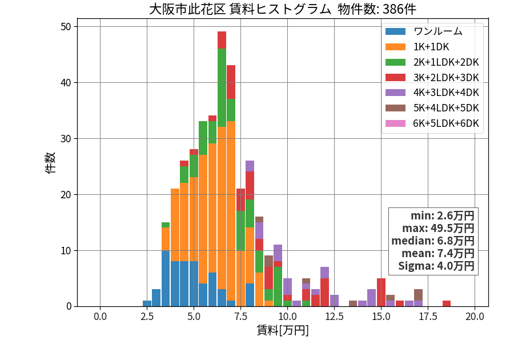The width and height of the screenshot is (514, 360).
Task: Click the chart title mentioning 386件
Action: point(283,9)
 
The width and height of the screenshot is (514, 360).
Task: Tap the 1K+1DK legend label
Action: point(431,47)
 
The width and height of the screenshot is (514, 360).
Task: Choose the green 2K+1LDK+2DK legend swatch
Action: point(395,62)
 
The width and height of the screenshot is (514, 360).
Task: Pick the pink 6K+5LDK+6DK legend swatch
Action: point(395,123)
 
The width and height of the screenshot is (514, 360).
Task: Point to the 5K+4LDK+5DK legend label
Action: point(446,108)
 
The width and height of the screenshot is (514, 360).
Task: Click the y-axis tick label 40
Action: point(66,83)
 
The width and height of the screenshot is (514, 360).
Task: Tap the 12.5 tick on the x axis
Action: point(334,317)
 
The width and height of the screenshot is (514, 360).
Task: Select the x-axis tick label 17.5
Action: point(428,317)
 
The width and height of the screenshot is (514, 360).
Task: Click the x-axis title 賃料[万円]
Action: point(283,330)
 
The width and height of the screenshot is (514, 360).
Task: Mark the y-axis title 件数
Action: point(50,163)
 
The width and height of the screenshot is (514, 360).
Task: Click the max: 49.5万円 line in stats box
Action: point(438,228)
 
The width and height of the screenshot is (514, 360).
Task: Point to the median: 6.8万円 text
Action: point(433,241)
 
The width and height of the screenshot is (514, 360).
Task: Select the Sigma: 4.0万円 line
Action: point(436,266)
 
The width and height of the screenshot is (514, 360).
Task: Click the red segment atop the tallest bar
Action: point(222,40)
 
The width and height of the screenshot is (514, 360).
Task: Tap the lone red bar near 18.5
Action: point(447,303)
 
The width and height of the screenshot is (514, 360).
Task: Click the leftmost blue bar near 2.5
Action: point(147,303)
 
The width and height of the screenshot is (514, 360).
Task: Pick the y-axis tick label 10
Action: point(66,251)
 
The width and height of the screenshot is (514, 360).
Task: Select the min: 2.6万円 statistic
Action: point(443,216)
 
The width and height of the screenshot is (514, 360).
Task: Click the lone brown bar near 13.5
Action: point(353,303)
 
